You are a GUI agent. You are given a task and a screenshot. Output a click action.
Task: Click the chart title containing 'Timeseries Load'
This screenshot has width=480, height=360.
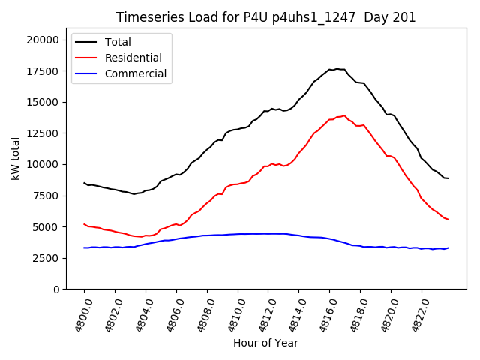coord(265,17)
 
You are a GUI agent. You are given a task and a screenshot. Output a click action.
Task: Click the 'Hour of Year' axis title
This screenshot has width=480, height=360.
coord(265,343)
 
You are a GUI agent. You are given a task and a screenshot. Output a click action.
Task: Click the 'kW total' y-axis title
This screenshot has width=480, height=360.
coord(16,159)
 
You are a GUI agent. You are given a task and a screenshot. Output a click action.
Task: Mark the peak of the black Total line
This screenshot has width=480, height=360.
coord(336,69)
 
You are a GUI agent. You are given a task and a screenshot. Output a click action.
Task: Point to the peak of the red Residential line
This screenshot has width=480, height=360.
coord(345,115)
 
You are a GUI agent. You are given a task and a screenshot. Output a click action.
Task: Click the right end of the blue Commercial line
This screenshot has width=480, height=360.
coord(448,247)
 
